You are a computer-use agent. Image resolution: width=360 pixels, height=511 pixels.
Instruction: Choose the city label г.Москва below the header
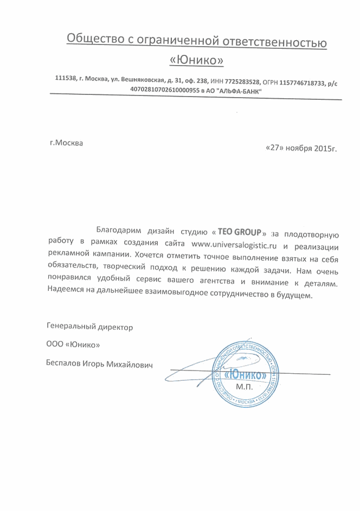coord(66,143)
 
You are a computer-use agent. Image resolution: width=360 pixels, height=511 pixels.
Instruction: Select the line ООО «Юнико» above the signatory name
coord(73,346)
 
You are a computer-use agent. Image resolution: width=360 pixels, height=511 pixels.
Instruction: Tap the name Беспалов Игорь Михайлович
coord(100,365)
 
